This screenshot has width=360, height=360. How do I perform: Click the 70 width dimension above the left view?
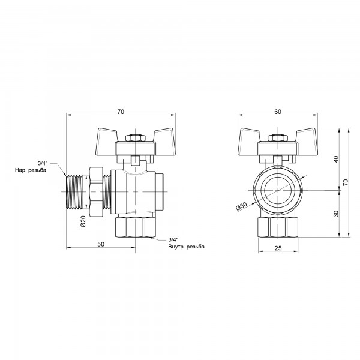pyautogui.click(x=121, y=111)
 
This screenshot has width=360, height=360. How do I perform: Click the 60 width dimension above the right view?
pyautogui.click(x=278, y=111)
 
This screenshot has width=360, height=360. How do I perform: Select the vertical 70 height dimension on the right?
pyautogui.click(x=345, y=181)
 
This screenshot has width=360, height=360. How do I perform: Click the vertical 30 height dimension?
pyautogui.click(x=336, y=213)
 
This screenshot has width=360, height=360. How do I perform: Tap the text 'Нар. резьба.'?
pyautogui.click(x=32, y=170)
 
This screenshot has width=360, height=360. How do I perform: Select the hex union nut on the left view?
pyautogui.click(x=97, y=190)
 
